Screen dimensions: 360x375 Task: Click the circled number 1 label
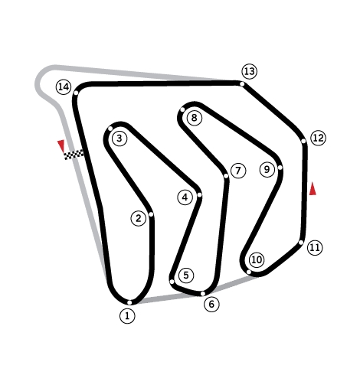[127, 316]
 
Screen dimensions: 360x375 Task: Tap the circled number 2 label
[139, 218]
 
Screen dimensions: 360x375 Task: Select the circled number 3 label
[119, 139]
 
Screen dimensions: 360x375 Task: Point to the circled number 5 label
[186, 276]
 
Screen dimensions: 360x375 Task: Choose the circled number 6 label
[211, 304]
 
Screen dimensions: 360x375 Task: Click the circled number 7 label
[238, 171]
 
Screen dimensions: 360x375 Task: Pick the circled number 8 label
[195, 118]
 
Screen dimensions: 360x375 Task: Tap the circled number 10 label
[257, 259]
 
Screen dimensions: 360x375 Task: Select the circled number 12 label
[319, 138]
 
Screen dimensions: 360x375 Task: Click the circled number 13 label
[250, 71]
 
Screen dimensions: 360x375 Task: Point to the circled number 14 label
[64, 87]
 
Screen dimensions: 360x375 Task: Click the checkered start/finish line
[74, 155]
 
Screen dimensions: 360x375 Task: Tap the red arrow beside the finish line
[61, 146]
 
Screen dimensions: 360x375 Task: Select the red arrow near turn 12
[313, 189]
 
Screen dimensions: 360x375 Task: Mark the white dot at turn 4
[200, 195]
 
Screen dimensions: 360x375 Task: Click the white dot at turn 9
[280, 168]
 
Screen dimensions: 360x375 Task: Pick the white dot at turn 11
[301, 243]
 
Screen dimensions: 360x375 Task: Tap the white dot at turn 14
[76, 93]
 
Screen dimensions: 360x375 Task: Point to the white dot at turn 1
[129, 302]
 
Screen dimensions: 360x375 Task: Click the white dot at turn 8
[182, 109]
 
